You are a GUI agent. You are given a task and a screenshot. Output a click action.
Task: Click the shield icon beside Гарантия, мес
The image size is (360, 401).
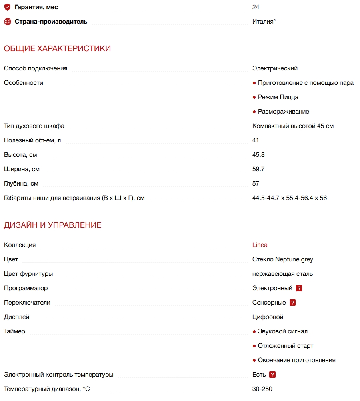pyautogui.click(x=8, y=7)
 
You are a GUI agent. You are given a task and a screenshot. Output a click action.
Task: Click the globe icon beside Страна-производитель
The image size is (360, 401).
pyautogui.click(x=8, y=22)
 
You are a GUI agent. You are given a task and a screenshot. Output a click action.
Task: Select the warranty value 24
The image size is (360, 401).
pyautogui.click(x=256, y=7)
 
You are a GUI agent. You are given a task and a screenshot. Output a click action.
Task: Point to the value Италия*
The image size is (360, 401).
pyautogui.click(x=264, y=22)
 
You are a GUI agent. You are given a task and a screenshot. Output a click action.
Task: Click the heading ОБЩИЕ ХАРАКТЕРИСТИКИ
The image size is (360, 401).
pyautogui.click(x=57, y=49)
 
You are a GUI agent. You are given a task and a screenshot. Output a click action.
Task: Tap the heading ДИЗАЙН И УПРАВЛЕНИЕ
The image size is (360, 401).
pyautogui.click(x=53, y=225)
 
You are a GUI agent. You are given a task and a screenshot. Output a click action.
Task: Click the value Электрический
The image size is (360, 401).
pyautogui.click(x=275, y=68)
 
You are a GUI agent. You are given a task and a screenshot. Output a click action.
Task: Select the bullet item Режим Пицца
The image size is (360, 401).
pyautogui.click(x=278, y=97)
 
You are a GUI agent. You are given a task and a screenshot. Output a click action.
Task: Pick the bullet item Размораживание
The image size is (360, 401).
pyautogui.click(x=283, y=112)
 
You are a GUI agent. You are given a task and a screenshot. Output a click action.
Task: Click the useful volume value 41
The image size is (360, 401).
pyautogui.click(x=256, y=140)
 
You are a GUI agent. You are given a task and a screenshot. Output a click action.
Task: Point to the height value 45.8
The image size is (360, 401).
pyautogui.click(x=258, y=155)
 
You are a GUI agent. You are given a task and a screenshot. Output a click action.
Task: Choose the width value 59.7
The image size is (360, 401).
pyautogui.click(x=258, y=169)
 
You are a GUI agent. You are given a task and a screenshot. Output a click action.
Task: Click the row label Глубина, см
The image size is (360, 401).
pyautogui.click(x=21, y=184)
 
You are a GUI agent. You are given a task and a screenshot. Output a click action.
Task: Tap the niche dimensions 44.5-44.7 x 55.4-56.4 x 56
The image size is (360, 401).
pyautogui.click(x=290, y=198)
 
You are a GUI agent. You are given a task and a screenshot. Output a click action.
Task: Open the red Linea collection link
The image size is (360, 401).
pyautogui.click(x=260, y=245)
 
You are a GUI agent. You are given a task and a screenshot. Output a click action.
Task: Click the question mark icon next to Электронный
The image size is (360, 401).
pyautogui.click(x=299, y=288)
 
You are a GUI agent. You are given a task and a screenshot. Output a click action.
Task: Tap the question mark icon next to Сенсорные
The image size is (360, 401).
pyautogui.click(x=292, y=303)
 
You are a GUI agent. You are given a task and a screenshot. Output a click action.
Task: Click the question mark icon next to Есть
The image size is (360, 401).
pyautogui.click(x=272, y=375)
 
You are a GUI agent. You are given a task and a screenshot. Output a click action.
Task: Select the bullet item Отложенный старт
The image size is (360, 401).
pyautogui.click(x=285, y=346)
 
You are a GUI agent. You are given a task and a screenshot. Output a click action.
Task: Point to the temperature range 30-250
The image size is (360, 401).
pyautogui.click(x=262, y=389)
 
